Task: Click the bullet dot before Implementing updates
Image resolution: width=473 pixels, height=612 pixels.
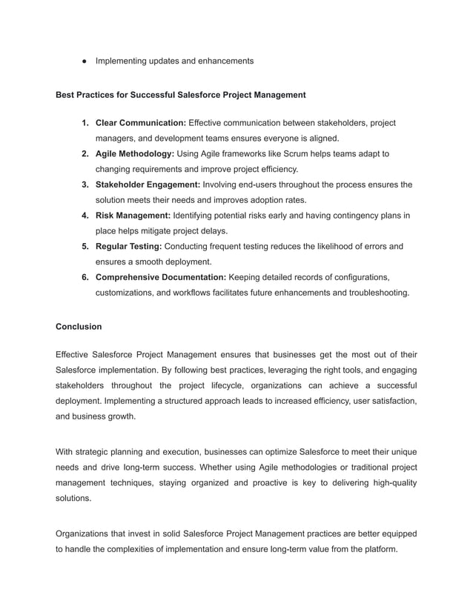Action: click(84, 61)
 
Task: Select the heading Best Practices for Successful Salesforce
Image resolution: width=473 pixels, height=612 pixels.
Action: click(181, 95)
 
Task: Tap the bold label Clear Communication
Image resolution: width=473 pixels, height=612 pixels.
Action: click(141, 122)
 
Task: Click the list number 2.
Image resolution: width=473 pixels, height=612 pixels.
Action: click(86, 153)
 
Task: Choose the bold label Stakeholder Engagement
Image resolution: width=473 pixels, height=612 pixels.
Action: click(148, 184)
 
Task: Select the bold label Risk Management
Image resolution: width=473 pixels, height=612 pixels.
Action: click(133, 216)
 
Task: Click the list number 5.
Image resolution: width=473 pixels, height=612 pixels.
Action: click(86, 246)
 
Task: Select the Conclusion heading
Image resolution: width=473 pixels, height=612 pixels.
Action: click(79, 326)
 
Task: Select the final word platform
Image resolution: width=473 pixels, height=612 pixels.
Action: click(379, 549)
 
